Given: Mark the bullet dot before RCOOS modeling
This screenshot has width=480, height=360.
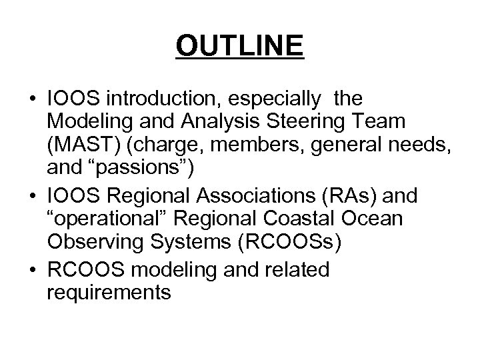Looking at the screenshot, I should tap(32, 269).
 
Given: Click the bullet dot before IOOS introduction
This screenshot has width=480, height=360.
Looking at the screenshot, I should tap(32, 99).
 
